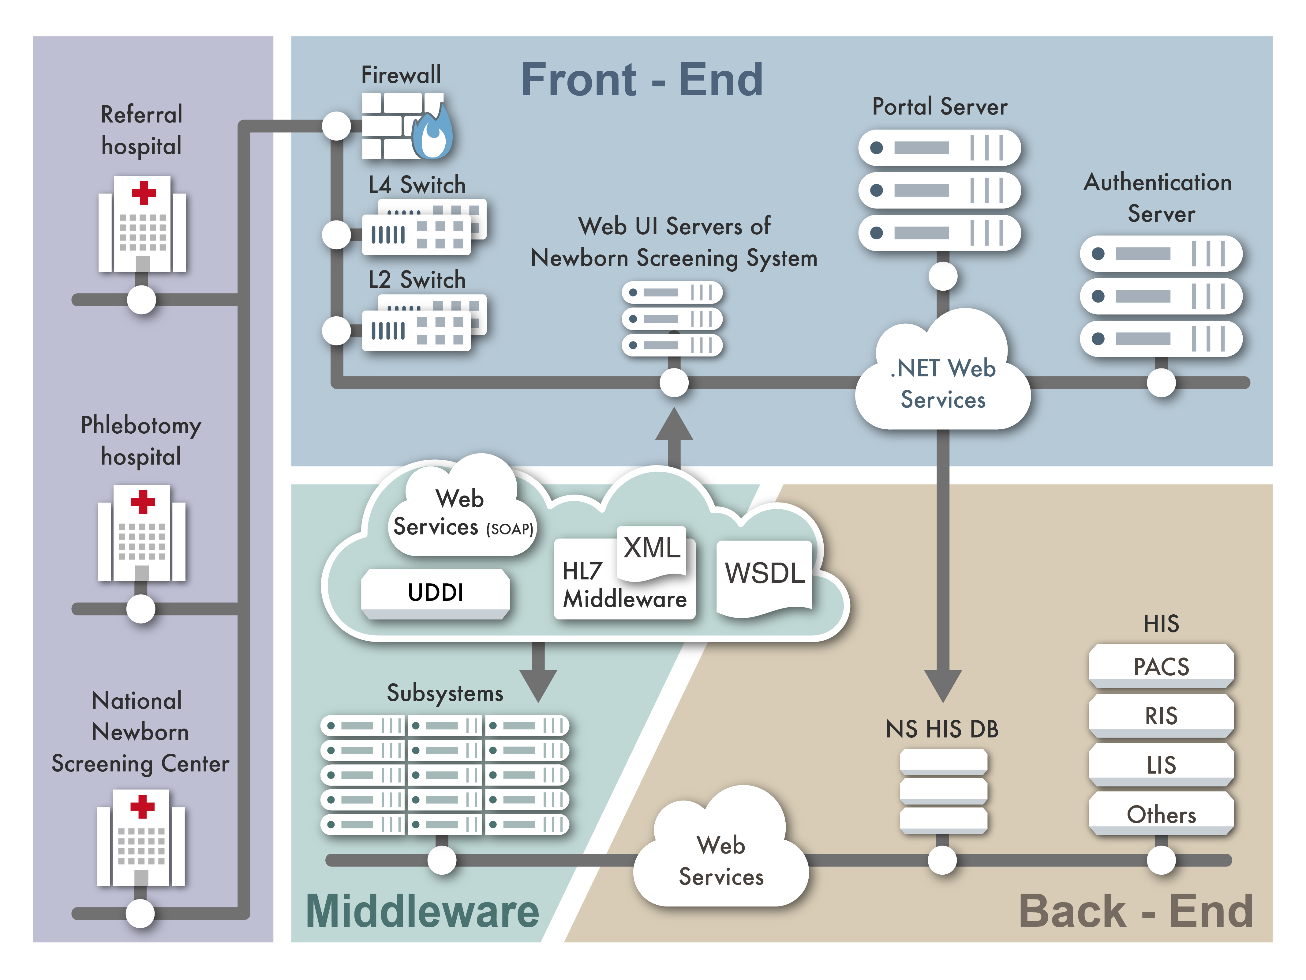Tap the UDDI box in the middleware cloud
(435, 593)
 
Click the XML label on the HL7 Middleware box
(652, 548)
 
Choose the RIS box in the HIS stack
(1161, 716)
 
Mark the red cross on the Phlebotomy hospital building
(143, 502)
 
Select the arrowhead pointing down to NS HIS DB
(943, 685)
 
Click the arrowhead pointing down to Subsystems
(538, 685)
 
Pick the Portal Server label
(939, 107)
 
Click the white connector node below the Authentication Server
(1161, 383)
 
